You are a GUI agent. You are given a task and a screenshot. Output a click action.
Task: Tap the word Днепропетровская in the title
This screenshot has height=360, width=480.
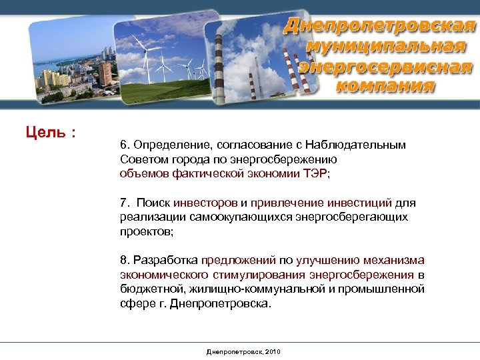tap(381, 27)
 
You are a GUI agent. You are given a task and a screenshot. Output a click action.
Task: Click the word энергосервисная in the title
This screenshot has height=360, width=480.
tap(385, 67)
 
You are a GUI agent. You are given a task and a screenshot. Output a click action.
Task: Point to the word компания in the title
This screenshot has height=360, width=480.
tap(385, 86)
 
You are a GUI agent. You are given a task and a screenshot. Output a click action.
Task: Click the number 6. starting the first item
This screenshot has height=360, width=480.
tap(125, 145)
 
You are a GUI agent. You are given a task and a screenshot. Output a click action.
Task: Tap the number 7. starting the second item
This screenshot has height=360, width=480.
tap(125, 203)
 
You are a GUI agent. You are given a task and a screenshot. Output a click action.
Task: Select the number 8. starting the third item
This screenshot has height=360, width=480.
tap(125, 260)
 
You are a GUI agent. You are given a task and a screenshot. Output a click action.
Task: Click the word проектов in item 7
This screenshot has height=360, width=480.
tap(145, 231)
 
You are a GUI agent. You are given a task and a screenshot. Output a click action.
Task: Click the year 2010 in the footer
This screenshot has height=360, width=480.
tap(273, 351)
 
